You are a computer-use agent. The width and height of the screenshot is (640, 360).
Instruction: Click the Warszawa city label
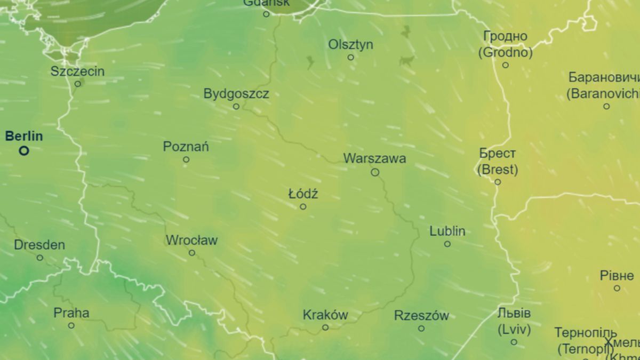[x=374, y=158]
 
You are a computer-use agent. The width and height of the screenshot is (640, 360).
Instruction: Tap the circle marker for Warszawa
[x=375, y=172]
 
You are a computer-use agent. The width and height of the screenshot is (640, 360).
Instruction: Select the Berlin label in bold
[x=24, y=137]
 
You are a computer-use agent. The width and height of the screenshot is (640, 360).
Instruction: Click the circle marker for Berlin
[x=24, y=151]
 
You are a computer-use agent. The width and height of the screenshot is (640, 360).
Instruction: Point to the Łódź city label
[x=303, y=194]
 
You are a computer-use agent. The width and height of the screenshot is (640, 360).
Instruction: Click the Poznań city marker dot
[x=186, y=159]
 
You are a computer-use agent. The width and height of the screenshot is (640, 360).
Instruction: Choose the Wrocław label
[x=191, y=241]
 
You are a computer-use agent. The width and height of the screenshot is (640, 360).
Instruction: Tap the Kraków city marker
[x=325, y=327]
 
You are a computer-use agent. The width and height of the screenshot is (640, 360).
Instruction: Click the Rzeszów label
[x=421, y=316]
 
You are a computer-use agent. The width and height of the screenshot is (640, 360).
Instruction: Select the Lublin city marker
[x=447, y=244]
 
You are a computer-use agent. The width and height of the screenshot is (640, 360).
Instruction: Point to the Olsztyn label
[x=350, y=45]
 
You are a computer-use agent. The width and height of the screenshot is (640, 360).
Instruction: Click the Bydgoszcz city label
[x=236, y=94]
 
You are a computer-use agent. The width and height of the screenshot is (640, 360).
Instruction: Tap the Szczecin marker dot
[x=77, y=84]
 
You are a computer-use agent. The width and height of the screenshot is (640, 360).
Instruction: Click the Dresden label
[x=39, y=245]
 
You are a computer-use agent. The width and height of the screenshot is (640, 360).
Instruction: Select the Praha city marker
[x=71, y=325]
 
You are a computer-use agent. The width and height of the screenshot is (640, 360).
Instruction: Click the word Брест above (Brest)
[x=497, y=154]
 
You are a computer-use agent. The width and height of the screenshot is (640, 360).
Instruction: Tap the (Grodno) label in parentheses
[x=505, y=53]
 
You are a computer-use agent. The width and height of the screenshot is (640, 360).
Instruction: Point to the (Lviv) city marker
[x=514, y=342]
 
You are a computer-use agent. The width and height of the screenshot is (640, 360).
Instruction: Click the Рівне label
[x=617, y=276]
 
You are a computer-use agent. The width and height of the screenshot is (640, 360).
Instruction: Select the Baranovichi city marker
[x=606, y=106]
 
